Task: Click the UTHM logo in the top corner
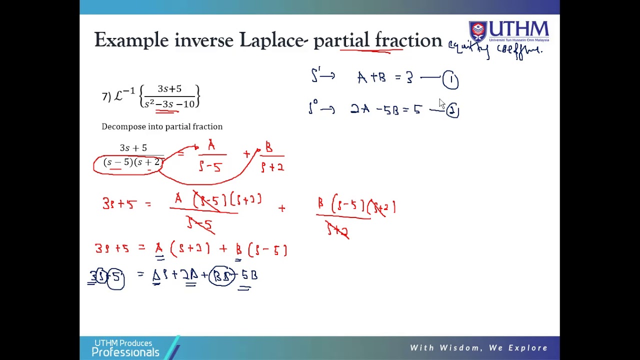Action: tap(508, 31)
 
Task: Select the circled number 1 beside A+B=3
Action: tap(450, 80)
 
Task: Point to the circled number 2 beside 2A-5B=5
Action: tap(452, 110)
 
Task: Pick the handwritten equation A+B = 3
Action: tap(385, 78)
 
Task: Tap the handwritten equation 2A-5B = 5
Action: tap(386, 109)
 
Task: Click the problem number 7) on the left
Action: tap(106, 96)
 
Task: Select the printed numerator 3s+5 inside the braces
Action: tap(169, 89)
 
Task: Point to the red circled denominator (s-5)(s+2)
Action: tap(128, 163)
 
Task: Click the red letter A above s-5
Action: tap(211, 146)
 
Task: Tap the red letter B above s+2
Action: tap(269, 147)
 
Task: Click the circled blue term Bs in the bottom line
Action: tap(222, 275)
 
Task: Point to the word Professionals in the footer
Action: tap(125, 352)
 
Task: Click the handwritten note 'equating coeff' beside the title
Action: tap(494, 49)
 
